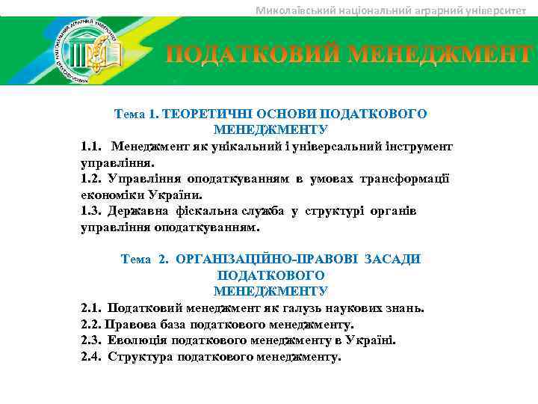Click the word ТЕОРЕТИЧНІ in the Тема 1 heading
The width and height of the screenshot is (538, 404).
(207, 114)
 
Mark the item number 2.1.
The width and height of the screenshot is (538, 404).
(91, 307)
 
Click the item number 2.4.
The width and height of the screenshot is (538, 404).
(91, 357)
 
